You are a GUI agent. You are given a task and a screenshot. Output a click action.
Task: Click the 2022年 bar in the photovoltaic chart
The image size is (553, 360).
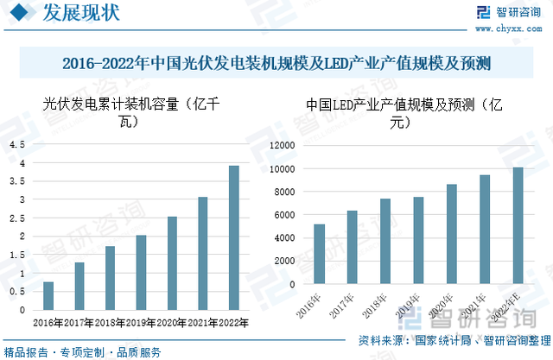click(x=233, y=237)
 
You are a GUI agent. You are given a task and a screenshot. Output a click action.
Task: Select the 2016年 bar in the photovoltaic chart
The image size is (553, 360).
click(x=48, y=295)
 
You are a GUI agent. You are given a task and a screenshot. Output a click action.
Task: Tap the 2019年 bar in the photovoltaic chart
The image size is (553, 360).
click(x=141, y=272)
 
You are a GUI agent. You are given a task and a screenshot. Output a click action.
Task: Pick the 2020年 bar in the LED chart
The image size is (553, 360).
click(x=451, y=234)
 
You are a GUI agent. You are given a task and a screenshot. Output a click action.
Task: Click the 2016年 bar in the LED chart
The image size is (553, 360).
click(x=320, y=254)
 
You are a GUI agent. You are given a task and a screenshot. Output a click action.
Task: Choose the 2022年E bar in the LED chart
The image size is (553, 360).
click(x=518, y=225)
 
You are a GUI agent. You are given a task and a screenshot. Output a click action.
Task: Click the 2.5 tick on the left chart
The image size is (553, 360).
click(x=17, y=218)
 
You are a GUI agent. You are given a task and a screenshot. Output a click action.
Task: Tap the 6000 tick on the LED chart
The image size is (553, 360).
click(x=284, y=215)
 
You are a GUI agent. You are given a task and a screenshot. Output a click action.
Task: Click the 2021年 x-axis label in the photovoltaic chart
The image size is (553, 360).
click(x=202, y=324)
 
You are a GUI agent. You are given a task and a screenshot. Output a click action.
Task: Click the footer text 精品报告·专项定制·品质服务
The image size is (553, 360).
click(x=83, y=352)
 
